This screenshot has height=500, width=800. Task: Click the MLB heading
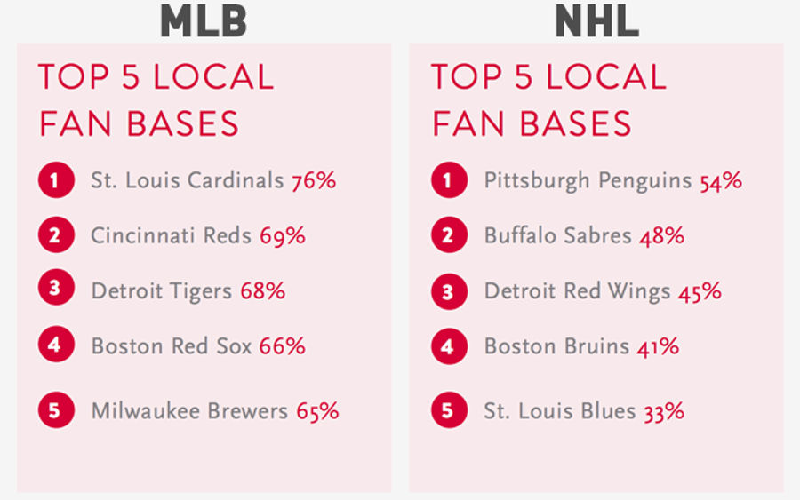click(x=204, y=20)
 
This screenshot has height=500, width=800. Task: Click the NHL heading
click(x=597, y=20)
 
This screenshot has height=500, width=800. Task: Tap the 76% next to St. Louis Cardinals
click(x=314, y=181)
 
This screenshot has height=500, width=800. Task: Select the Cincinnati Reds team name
click(x=171, y=235)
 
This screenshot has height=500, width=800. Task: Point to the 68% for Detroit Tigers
click(x=263, y=291)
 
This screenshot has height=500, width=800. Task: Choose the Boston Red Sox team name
click(x=172, y=346)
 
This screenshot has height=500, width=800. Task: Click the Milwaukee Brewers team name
click(x=189, y=411)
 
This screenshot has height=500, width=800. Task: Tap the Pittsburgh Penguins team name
click(x=588, y=181)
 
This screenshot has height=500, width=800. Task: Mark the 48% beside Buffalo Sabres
click(x=662, y=236)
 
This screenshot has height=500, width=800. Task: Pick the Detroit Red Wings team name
click(x=577, y=291)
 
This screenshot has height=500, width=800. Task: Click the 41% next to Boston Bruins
click(x=658, y=346)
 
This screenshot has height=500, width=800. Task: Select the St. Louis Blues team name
click(x=560, y=411)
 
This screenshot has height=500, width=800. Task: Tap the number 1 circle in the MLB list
click(x=56, y=180)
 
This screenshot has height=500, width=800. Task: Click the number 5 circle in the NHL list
click(x=449, y=409)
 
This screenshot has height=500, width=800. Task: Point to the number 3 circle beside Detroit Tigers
click(x=56, y=288)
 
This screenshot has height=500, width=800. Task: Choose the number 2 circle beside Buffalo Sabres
click(x=449, y=235)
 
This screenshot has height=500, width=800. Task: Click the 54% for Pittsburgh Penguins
click(x=720, y=181)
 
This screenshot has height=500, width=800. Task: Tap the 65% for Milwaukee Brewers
click(x=317, y=411)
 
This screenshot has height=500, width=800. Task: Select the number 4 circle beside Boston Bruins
click(x=449, y=346)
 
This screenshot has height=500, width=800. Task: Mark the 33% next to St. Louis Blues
click(x=664, y=412)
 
